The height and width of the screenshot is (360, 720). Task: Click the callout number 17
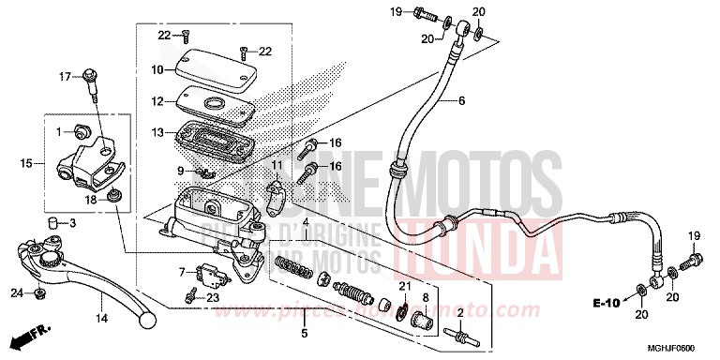[66, 76]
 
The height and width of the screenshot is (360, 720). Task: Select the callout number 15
[26, 164]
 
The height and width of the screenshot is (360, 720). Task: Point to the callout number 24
[17, 293]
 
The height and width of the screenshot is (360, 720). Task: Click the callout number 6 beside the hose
[461, 101]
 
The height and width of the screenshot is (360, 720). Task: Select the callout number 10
[158, 70]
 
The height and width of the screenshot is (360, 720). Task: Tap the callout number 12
[158, 100]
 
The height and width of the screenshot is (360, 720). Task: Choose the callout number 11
[277, 166]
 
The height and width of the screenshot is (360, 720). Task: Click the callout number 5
[304, 333]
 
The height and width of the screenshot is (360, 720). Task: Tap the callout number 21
[404, 285]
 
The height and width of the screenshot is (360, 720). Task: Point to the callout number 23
[214, 297]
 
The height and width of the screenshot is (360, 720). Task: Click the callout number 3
[72, 224]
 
